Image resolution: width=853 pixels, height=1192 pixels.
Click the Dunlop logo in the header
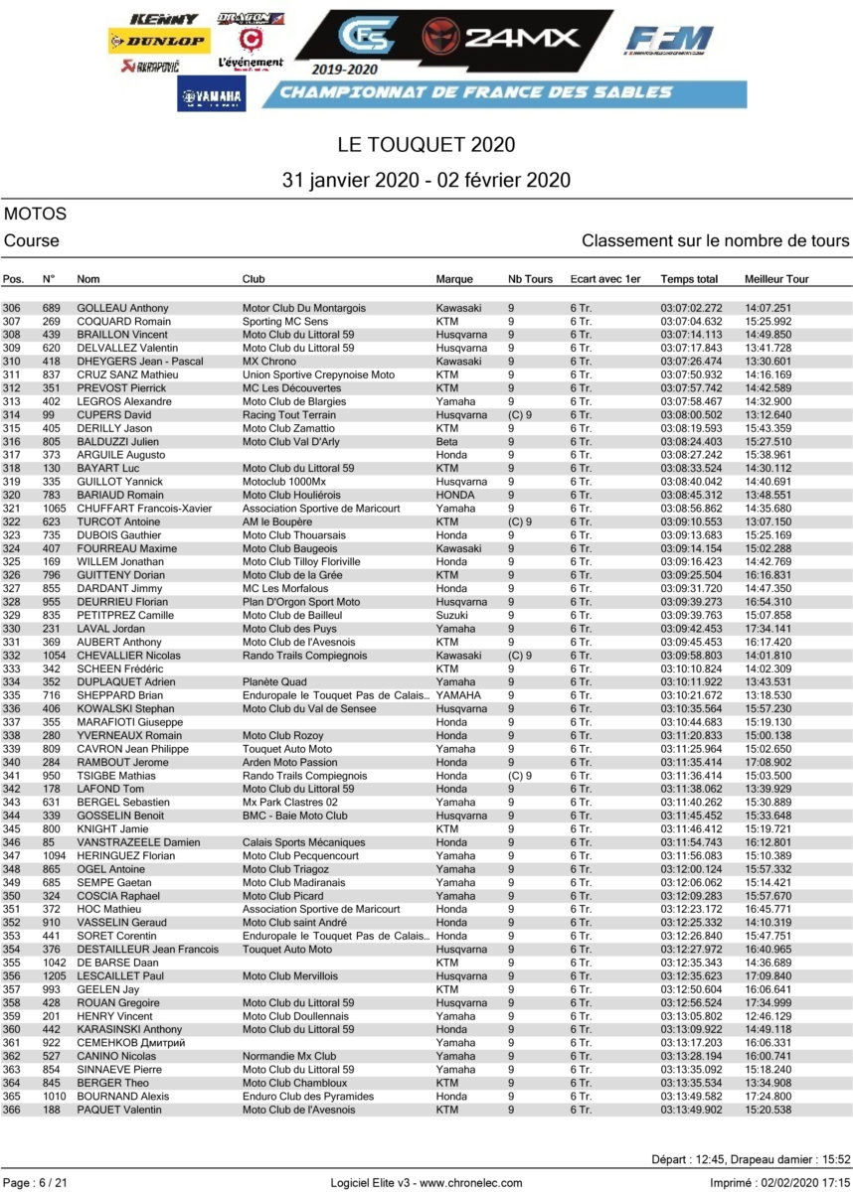click(x=159, y=42)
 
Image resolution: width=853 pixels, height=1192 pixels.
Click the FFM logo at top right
click(x=668, y=43)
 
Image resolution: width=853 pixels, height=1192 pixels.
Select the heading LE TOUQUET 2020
click(x=426, y=145)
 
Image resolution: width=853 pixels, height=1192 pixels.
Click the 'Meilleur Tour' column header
click(x=776, y=279)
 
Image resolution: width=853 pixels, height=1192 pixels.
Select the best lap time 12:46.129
click(x=768, y=1016)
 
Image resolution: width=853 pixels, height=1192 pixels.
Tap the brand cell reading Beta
click(x=448, y=441)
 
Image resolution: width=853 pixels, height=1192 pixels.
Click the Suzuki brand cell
click(x=453, y=615)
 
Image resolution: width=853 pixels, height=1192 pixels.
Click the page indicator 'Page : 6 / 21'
click(x=38, y=1181)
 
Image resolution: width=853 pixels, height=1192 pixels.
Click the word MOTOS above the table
click(x=35, y=214)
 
